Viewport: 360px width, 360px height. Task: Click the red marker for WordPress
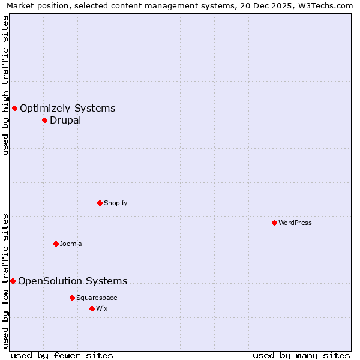274,223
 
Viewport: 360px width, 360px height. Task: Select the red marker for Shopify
100,203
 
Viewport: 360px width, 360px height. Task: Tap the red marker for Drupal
44,120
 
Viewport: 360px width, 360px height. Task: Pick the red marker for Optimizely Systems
14,108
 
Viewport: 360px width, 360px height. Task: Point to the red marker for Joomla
56,244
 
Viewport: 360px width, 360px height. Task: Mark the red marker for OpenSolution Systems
13,281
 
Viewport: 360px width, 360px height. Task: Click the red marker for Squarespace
72,298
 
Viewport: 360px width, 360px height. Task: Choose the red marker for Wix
92,308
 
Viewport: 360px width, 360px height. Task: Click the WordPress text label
295,223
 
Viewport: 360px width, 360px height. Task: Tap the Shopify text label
116,203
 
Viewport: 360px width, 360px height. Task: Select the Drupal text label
65,120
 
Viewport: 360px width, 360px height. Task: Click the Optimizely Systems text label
68,108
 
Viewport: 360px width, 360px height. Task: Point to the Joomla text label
71,244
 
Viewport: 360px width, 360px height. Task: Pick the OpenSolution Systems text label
73,281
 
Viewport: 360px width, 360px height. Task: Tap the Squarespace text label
97,298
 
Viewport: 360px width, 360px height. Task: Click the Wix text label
101,308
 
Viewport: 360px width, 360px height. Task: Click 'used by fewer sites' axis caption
62,355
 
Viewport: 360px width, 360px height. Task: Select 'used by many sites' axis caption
301,355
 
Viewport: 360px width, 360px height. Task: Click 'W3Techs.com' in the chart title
328,6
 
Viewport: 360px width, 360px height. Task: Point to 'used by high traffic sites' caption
6,85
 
